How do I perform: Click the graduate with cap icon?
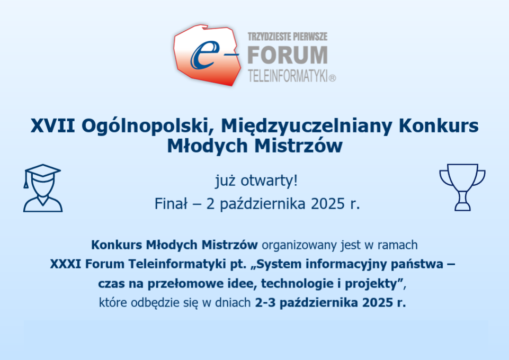(x=42, y=188)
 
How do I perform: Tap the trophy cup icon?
(x=462, y=187)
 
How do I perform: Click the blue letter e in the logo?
(x=203, y=55)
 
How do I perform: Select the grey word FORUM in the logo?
(x=288, y=55)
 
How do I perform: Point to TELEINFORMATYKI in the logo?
(x=288, y=76)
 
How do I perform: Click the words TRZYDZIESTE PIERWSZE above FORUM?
(x=288, y=37)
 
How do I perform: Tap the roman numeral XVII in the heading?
(x=53, y=125)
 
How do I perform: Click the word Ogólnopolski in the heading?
(x=148, y=126)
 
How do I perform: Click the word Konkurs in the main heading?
(x=439, y=125)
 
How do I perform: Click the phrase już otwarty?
(x=256, y=181)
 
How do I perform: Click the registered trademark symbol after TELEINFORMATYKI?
(x=333, y=78)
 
